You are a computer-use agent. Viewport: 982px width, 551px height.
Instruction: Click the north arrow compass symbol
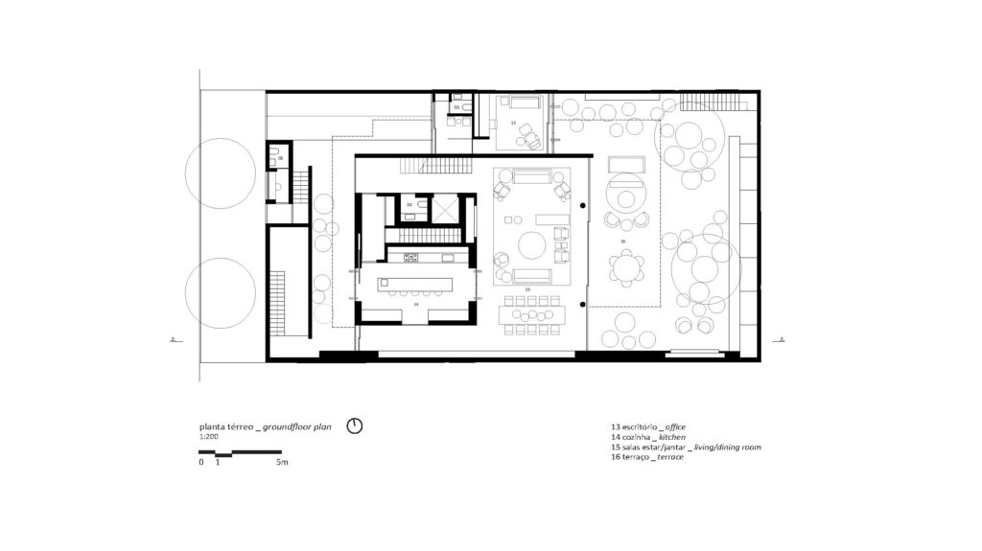354,425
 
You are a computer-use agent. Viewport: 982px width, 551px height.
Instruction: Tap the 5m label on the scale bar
282,462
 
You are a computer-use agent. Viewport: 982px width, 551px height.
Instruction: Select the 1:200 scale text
207,436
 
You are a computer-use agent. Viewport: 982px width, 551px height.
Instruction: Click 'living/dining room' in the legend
723,447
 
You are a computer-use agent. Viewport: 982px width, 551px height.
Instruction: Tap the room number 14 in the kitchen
415,303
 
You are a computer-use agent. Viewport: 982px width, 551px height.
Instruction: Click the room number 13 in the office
512,124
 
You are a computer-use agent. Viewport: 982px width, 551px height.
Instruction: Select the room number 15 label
526,288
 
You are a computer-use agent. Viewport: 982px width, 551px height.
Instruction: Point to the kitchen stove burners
410,257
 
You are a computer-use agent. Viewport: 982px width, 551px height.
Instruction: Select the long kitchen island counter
414,283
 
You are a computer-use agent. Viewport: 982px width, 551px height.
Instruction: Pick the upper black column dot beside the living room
582,206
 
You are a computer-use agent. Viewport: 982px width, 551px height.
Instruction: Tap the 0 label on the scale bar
201,462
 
